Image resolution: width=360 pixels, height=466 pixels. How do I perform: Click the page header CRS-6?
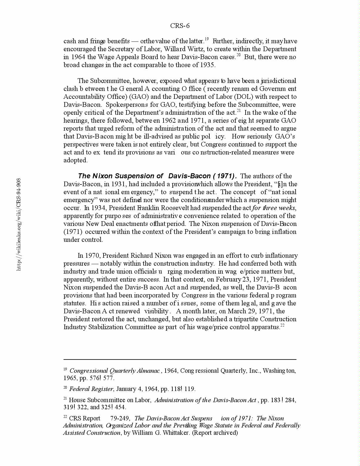[180, 26]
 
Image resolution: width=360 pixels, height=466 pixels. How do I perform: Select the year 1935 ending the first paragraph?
[207, 65]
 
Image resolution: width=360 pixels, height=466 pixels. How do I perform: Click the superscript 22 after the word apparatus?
[282, 325]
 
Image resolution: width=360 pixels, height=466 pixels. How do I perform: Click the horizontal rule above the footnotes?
[180, 359]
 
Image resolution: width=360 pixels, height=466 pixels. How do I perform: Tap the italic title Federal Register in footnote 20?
[91, 389]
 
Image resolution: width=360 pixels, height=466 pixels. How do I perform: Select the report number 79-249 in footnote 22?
[120, 418]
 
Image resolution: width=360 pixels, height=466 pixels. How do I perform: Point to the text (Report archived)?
[215, 433]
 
